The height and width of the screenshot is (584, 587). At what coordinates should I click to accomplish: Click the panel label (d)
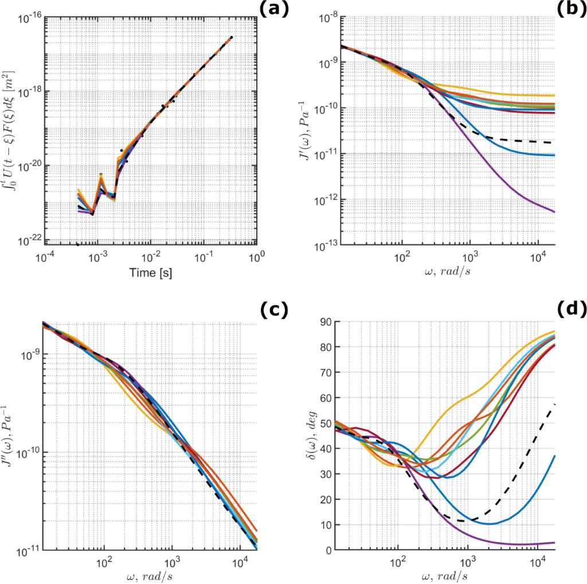571,310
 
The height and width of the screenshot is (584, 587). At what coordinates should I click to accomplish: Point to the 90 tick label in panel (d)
328,322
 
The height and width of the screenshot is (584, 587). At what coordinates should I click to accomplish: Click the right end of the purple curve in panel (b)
554,212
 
